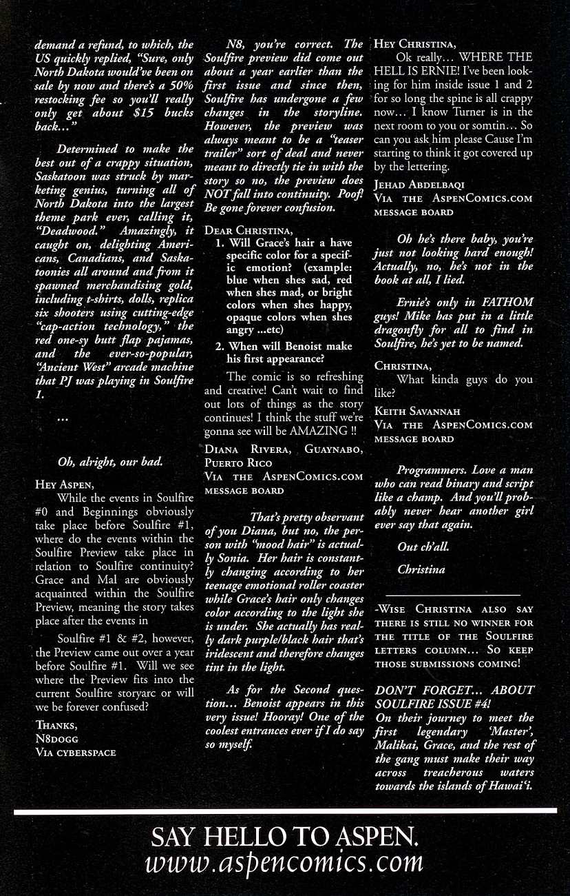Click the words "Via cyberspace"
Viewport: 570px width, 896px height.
pyautogui.click(x=75, y=752)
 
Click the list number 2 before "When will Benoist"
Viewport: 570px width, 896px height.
pyautogui.click(x=219, y=347)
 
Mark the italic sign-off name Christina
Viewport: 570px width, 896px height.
pyautogui.click(x=421, y=569)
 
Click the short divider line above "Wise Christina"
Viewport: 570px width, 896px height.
pyautogui.click(x=443, y=593)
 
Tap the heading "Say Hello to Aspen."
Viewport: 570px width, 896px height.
pyautogui.click(x=284, y=837)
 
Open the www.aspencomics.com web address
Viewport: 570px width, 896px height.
pyautogui.click(x=284, y=862)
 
